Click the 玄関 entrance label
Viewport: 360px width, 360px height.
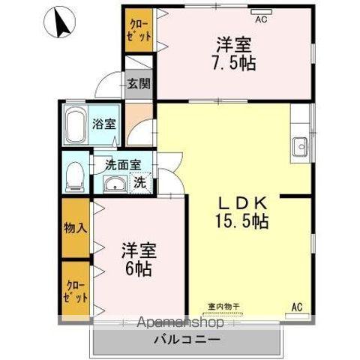[x=137, y=83]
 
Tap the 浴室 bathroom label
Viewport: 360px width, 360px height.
[x=104, y=123]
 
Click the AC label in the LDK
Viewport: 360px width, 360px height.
[x=296, y=307]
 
